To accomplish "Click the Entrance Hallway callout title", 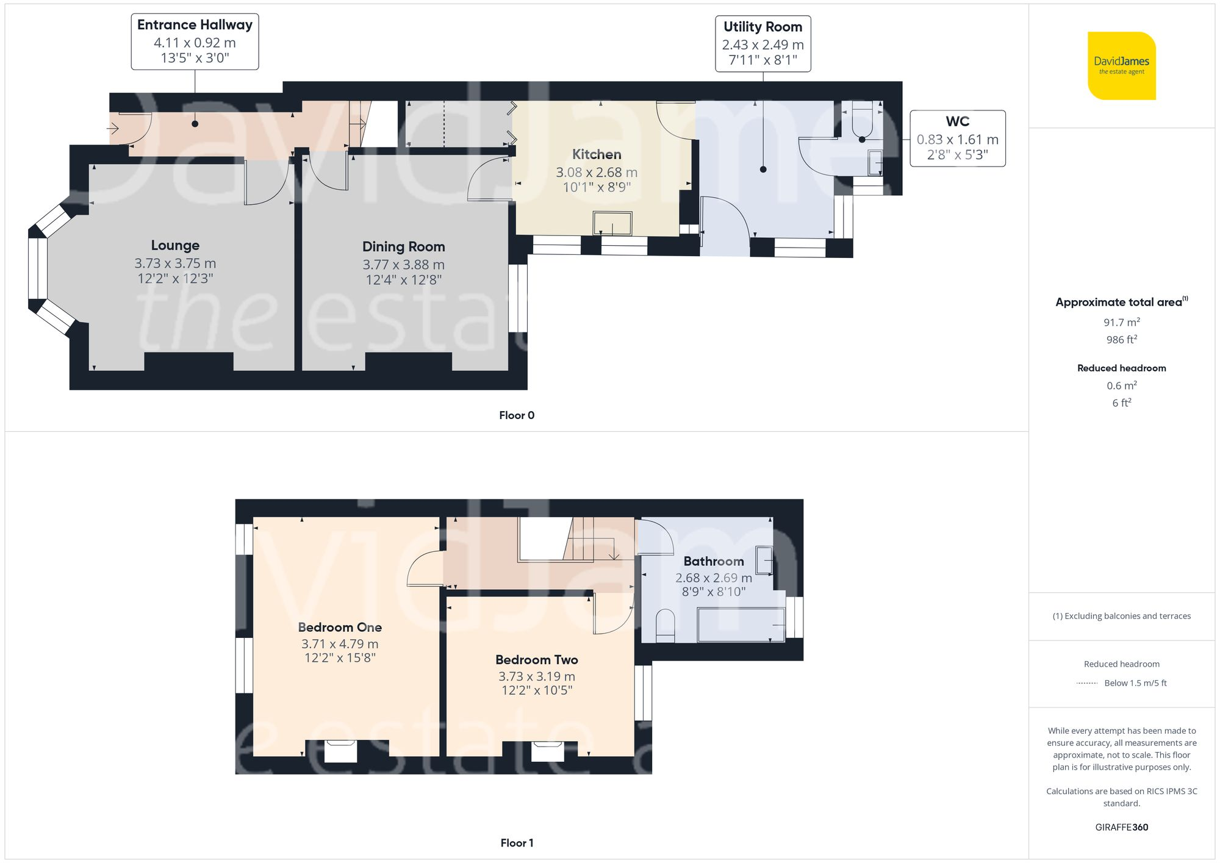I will pos(195,25).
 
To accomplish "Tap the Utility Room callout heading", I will pos(762,27).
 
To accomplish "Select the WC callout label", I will pos(957,121).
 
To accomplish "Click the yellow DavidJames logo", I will pos(1121,66).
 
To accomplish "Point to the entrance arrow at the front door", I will pos(113,129).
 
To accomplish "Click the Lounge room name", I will pos(175,245).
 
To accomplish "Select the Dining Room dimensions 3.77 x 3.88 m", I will pos(403,265).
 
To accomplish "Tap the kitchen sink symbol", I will pos(612,223).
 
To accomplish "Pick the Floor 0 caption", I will pos(516,415).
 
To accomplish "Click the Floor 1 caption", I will pos(516,843).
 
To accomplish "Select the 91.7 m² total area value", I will pos(1121,323).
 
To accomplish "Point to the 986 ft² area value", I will pos(1121,340).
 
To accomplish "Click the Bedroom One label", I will pos(340,627).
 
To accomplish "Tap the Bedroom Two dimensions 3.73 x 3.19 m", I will pos(536,676).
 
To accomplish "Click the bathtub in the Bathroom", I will pos(741,625).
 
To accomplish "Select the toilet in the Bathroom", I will pos(665,626).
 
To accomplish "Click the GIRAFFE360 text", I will pos(1121,828).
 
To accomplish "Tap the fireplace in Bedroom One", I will pos(340,751).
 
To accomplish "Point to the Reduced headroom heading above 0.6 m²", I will pos(1121,368).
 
